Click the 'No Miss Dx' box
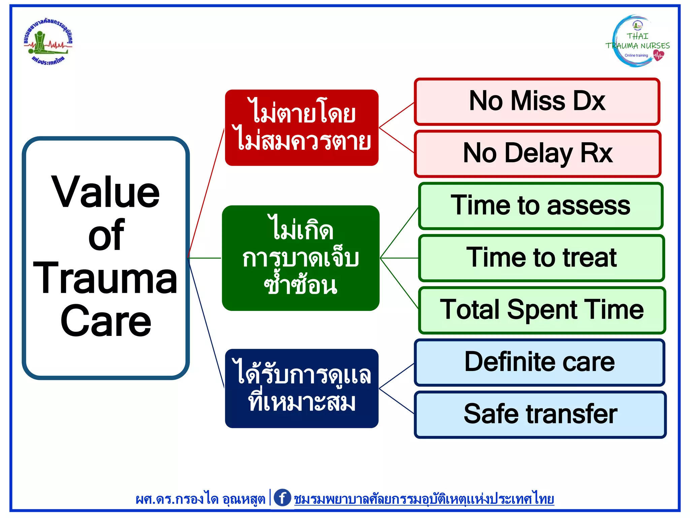click(537, 102)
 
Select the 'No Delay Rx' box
click(537, 154)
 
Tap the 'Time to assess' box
click(541, 206)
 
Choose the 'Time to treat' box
click(541, 258)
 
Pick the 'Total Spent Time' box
click(542, 310)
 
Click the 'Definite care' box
click(539, 362)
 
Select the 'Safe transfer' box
click(540, 414)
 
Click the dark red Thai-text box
click(302, 127)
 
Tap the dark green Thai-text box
click(301, 258)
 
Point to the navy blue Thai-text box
click(302, 388)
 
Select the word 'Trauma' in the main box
click(105, 279)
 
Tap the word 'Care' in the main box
click(105, 321)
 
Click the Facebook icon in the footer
click(282, 498)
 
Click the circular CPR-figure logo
click(48, 41)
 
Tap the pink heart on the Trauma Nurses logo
click(658, 55)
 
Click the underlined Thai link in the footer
click(424, 499)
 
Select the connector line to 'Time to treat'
click(399, 258)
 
